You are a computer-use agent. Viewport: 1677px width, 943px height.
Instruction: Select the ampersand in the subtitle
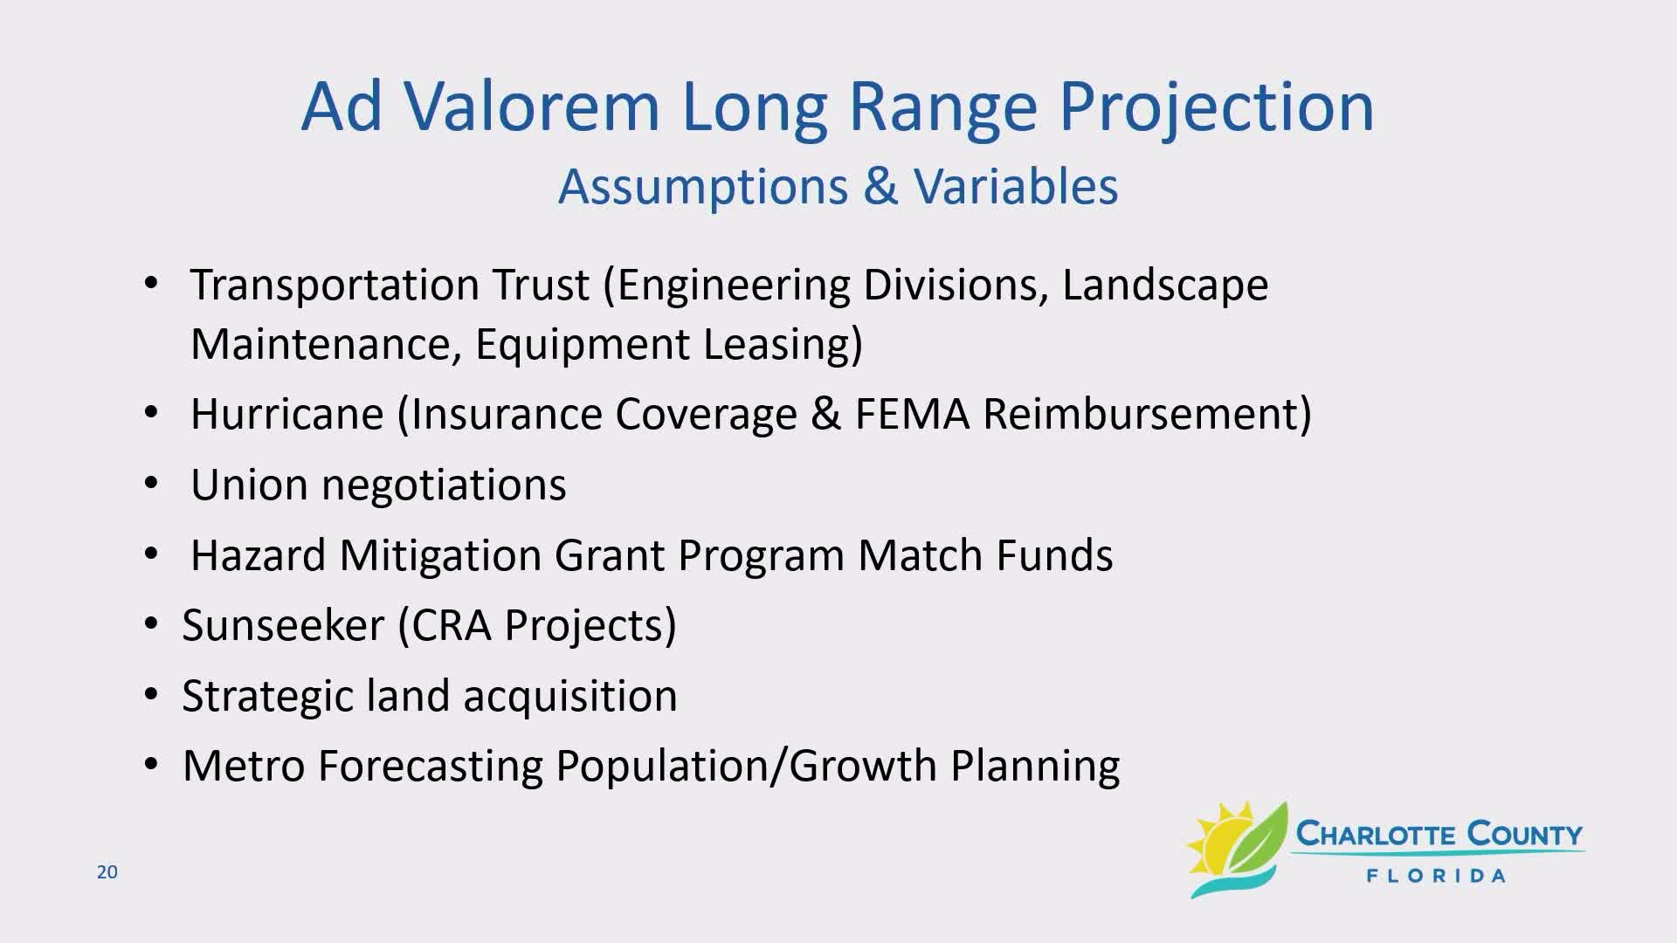tap(881, 186)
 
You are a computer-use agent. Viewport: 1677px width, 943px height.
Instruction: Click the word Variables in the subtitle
tap(1016, 186)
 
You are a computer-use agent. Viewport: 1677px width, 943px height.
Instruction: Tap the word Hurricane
tap(287, 414)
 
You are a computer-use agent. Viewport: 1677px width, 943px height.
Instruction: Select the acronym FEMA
tap(912, 414)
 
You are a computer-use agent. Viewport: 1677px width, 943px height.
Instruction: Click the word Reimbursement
tap(1140, 414)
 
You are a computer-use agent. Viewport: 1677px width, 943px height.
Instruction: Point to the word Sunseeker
tap(284, 625)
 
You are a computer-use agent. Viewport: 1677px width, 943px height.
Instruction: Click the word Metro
tap(244, 766)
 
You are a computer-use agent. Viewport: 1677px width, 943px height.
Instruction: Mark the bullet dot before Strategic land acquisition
tap(151, 696)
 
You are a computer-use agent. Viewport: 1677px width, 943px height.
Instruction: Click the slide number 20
tap(107, 872)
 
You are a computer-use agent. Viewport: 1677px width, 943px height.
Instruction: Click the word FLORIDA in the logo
tap(1436, 876)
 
